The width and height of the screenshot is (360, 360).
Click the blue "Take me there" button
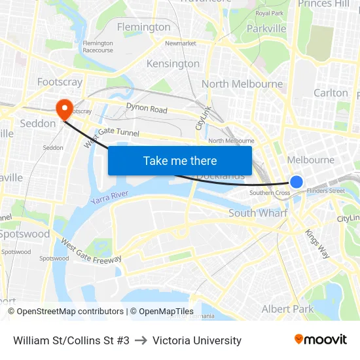[180, 160]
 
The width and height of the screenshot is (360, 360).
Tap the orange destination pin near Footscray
[65, 109]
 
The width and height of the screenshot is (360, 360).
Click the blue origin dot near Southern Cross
[297, 182]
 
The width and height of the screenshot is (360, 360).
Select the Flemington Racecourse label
[98, 46]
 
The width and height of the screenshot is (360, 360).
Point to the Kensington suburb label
[173, 63]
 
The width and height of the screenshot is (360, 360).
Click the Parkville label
[266, 29]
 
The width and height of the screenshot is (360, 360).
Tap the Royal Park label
[269, 13]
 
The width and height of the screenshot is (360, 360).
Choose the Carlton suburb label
[331, 93]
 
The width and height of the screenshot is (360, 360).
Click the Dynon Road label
[147, 109]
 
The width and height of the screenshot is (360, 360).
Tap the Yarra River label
[110, 197]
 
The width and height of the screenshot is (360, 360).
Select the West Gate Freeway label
[91, 251]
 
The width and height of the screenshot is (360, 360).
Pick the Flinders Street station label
[325, 191]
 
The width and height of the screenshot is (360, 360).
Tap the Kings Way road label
[317, 243]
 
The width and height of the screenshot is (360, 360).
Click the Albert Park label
[287, 309]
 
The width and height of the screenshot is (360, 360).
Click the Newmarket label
[181, 43]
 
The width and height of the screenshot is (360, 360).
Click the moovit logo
[320, 340]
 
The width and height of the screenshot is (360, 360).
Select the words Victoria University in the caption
[197, 340]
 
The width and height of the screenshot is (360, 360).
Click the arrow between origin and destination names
[141, 340]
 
